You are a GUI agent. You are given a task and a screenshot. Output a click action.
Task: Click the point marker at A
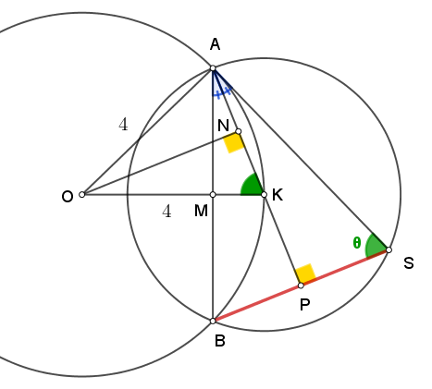[x=213, y=68]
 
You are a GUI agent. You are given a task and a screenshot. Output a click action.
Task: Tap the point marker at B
[x=213, y=321]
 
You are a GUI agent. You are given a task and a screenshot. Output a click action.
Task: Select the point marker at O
[x=81, y=195]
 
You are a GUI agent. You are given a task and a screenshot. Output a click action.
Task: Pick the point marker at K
[x=264, y=195]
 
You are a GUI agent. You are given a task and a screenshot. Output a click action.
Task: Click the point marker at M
[x=213, y=195]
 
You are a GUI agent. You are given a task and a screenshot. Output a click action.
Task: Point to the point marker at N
[x=238, y=131]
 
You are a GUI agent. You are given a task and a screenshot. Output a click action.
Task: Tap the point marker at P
[x=301, y=286]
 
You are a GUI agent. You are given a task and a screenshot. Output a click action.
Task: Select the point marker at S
[x=389, y=249]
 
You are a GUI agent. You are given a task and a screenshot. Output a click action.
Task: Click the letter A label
[x=215, y=44]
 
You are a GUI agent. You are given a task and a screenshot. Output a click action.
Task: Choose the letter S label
[x=409, y=263]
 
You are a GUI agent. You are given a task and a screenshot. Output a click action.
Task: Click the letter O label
[x=68, y=197]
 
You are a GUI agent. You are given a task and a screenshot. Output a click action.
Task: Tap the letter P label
[x=304, y=305]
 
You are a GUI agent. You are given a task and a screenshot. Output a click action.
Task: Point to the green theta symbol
[x=357, y=243]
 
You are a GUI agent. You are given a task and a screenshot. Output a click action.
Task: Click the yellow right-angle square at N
[x=234, y=142]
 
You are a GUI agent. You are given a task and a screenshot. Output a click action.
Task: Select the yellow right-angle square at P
[x=305, y=274]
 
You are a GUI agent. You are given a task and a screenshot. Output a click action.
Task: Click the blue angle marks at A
[x=221, y=86]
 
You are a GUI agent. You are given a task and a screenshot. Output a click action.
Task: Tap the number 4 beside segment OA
[x=123, y=125]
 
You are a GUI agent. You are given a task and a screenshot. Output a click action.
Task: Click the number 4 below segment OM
[x=167, y=212]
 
